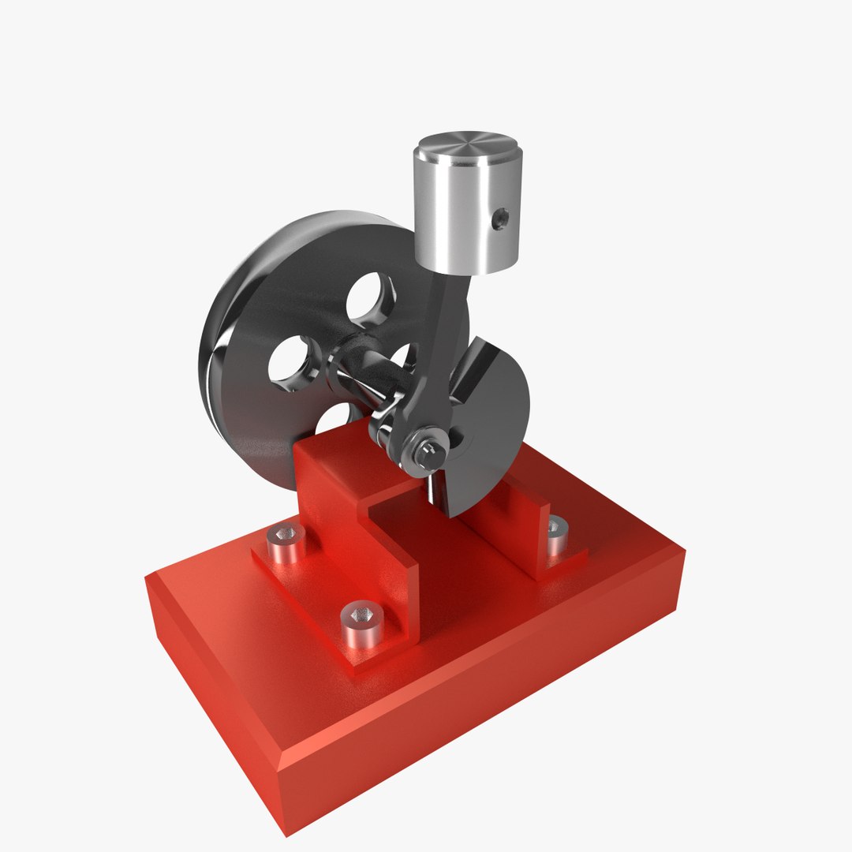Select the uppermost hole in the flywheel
(x=371, y=298)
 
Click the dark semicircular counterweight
(x=489, y=426)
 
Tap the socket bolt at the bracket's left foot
(x=286, y=543)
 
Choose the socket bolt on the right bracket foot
(x=557, y=533)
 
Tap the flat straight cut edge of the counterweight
(x=473, y=371)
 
